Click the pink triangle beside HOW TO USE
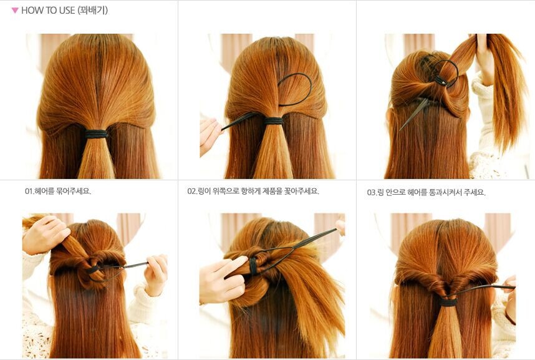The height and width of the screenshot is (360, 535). [15, 11]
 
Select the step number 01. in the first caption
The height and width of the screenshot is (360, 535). [29, 192]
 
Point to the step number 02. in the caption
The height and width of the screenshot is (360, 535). [193, 192]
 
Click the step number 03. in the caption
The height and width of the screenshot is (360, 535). [372, 193]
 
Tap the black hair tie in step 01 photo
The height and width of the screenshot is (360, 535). [96, 134]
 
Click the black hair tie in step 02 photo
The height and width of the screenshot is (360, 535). [273, 121]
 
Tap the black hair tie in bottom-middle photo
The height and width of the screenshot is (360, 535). [253, 267]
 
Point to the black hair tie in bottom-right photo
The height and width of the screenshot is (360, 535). [448, 302]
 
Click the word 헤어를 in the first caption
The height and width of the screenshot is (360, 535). [45, 192]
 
